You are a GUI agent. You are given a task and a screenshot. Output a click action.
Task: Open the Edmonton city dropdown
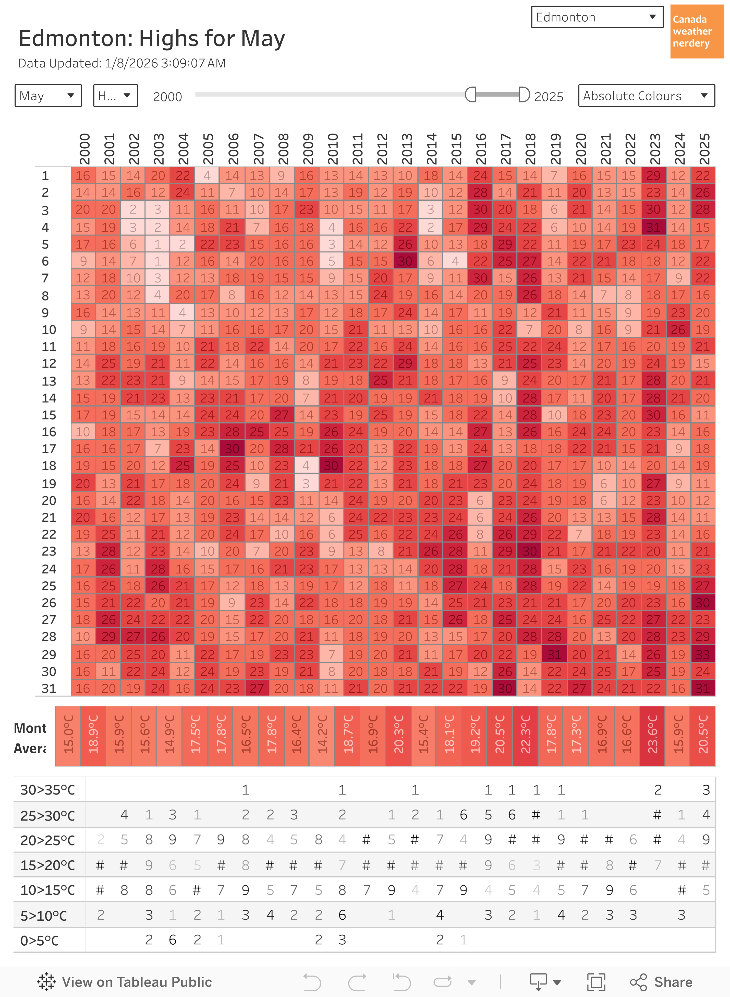click(x=597, y=17)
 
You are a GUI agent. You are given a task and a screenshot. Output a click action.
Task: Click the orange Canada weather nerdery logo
click(x=696, y=31)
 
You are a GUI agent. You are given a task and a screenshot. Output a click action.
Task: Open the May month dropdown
click(x=48, y=96)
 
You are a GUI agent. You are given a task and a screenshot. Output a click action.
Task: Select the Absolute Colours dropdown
click(x=646, y=96)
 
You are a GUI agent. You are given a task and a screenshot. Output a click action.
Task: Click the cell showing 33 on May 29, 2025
click(x=703, y=654)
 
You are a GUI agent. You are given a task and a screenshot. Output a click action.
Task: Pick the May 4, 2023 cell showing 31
click(x=653, y=227)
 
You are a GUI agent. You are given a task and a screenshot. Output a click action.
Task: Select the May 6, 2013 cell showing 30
click(x=405, y=261)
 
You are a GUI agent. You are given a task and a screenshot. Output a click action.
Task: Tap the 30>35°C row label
click(x=48, y=790)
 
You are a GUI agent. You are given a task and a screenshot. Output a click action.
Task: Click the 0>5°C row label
click(x=40, y=940)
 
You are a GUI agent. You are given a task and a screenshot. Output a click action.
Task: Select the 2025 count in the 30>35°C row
click(x=706, y=790)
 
